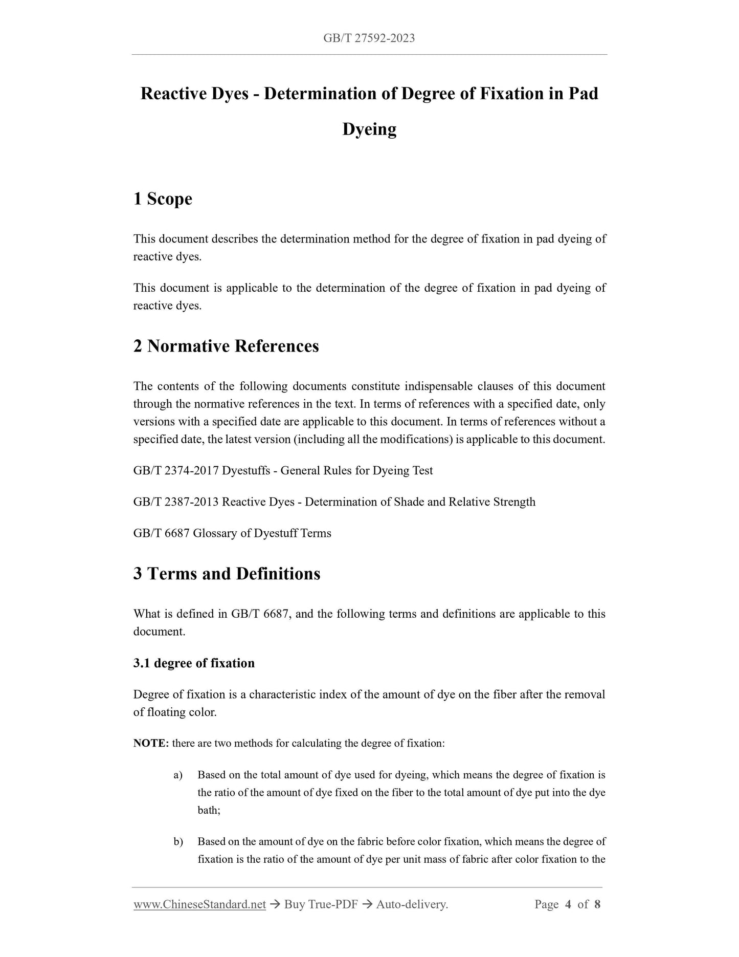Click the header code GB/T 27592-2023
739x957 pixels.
[x=369, y=38]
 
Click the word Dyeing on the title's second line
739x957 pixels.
[x=369, y=129]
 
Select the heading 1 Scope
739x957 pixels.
[x=163, y=199]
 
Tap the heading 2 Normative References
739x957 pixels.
[x=226, y=346]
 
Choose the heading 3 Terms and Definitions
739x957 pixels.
[x=227, y=573]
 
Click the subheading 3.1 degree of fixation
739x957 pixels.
[x=194, y=663]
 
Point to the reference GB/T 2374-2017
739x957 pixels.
[x=176, y=470]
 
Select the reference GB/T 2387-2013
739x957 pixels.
[x=176, y=502]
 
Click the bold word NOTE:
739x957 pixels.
[x=151, y=743]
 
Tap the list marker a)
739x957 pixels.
[x=178, y=775]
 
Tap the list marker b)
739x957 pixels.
[x=178, y=842]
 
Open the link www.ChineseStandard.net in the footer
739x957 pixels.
[x=199, y=904]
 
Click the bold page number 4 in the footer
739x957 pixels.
[x=568, y=904]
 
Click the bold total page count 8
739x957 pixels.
[x=597, y=904]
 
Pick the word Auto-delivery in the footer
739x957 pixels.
[x=412, y=904]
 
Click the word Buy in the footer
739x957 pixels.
[x=294, y=904]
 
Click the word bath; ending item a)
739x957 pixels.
[x=209, y=810]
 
